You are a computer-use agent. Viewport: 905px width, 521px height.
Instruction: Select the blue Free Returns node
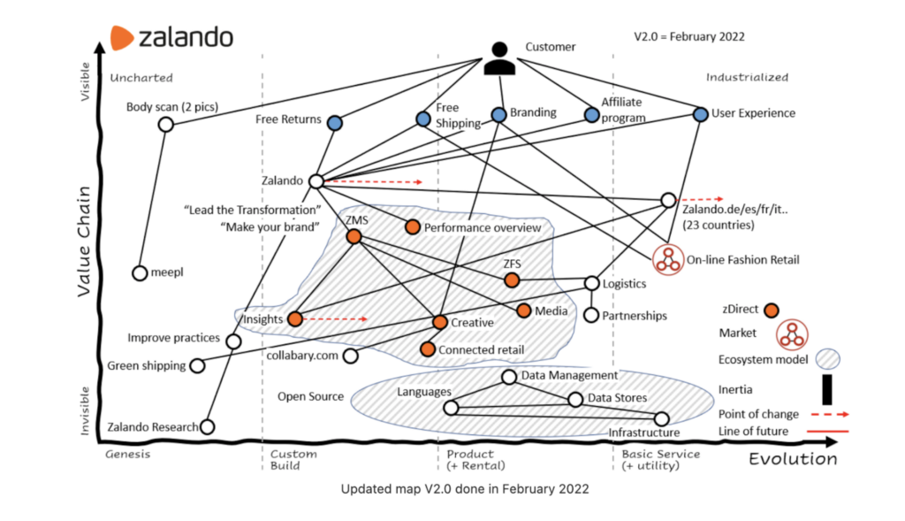tap(335, 123)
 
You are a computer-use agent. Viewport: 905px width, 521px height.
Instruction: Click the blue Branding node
tap(498, 114)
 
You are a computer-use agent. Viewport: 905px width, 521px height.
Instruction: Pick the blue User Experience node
tap(701, 114)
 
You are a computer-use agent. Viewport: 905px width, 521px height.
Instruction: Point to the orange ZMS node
tap(354, 237)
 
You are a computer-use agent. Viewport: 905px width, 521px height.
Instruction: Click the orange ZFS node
tap(512, 280)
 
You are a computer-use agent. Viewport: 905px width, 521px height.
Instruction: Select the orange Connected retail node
tap(428, 349)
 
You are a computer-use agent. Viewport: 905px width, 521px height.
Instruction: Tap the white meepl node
tap(140, 273)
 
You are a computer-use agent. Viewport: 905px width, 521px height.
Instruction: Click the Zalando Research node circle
tap(208, 427)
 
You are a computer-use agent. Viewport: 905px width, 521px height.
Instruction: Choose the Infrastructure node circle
tap(662, 418)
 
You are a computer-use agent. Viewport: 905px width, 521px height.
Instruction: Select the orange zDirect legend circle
tap(771, 310)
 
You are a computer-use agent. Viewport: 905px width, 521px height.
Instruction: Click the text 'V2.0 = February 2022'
tap(689, 37)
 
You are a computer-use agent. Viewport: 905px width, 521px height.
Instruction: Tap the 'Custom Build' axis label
tap(294, 460)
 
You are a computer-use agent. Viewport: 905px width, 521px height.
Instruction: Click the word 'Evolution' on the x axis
tap(793, 459)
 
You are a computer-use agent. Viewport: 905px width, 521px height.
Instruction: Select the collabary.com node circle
tap(350, 356)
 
